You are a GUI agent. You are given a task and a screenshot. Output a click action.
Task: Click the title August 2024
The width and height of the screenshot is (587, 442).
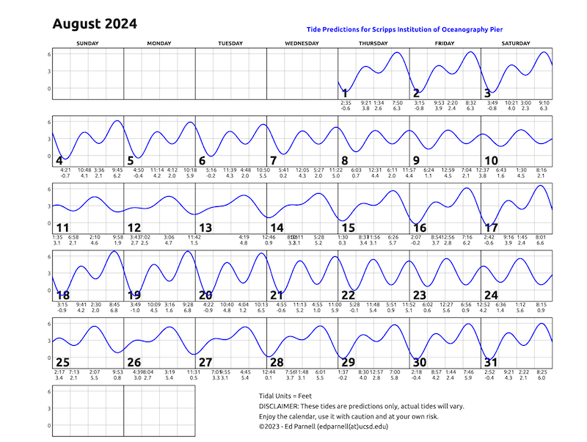click(95, 24)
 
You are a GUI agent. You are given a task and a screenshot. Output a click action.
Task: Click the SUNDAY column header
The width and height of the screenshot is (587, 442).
click(88, 44)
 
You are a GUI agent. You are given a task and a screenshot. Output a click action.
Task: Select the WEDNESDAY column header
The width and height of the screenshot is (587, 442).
click(302, 44)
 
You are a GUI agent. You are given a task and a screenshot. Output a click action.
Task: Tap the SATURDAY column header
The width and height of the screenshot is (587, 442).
click(517, 44)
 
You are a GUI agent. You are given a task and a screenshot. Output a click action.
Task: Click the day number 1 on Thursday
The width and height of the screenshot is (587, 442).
click(345, 93)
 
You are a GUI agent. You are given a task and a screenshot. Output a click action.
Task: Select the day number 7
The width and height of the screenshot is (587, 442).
click(273, 161)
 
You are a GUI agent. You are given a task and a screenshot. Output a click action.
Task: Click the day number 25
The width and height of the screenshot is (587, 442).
click(62, 363)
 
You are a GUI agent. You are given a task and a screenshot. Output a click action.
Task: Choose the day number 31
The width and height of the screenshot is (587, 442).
click(492, 363)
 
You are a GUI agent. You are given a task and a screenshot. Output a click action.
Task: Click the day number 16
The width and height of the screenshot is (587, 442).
click(420, 228)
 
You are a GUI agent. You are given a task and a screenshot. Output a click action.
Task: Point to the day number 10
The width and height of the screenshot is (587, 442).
click(492, 161)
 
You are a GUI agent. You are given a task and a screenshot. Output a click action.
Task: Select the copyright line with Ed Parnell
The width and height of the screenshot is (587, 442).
click(329, 426)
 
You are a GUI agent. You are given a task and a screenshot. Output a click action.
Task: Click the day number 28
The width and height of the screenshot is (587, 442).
click(277, 363)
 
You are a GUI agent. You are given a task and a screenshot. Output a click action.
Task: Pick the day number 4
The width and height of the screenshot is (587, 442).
click(59, 161)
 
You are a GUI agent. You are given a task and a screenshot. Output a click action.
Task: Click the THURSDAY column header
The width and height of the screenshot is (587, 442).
click(373, 44)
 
